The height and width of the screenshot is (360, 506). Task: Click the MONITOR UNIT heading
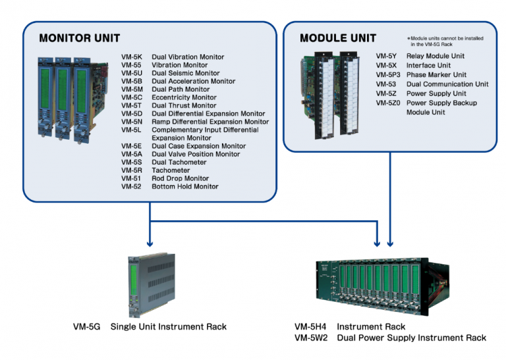[x=81, y=38]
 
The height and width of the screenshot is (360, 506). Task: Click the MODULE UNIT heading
[x=337, y=38]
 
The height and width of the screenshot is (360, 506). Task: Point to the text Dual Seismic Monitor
[x=185, y=73]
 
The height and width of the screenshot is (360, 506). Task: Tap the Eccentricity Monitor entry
[x=184, y=98]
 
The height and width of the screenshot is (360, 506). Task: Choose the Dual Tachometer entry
[x=179, y=162]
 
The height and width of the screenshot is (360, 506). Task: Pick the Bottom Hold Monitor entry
[x=185, y=187]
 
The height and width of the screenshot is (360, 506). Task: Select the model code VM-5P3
[x=389, y=75]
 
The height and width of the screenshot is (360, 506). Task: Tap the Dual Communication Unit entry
[x=447, y=84]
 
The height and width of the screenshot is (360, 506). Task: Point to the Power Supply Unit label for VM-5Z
[x=436, y=94]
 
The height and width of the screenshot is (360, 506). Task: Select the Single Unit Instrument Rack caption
[x=168, y=326]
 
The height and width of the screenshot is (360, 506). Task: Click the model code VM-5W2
[x=310, y=338]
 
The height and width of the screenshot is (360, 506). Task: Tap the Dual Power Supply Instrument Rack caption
[x=411, y=338]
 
